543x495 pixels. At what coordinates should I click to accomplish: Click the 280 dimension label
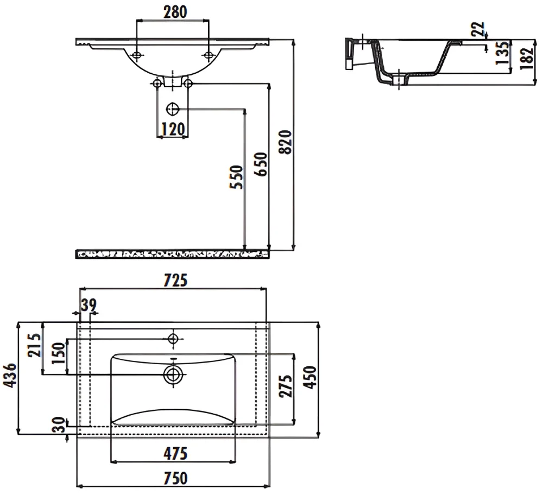click(175, 12)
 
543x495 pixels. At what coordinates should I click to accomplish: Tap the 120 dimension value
click(173, 130)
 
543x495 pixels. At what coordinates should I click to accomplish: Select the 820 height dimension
click(286, 142)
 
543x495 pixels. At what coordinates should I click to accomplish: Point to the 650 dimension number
click(262, 164)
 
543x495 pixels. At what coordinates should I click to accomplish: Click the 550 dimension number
click(237, 177)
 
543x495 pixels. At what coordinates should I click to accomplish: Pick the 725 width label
click(175, 281)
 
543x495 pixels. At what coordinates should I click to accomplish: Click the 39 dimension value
click(89, 305)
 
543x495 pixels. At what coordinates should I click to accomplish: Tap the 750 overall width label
click(175, 478)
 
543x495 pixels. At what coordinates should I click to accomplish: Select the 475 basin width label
click(175, 454)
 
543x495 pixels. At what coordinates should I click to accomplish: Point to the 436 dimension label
click(9, 375)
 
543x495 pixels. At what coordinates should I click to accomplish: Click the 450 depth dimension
click(310, 377)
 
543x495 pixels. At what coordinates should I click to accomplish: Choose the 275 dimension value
click(286, 385)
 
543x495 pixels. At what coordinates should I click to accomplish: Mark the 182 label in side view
click(527, 58)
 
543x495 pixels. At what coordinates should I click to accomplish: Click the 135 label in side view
click(503, 53)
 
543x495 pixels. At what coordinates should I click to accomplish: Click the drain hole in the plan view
click(173, 374)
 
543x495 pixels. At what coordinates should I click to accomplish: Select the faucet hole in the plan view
click(173, 338)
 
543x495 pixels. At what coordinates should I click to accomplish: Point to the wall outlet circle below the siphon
click(172, 110)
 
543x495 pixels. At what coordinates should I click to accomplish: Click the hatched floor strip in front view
click(172, 254)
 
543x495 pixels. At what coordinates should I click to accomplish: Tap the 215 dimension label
click(35, 345)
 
